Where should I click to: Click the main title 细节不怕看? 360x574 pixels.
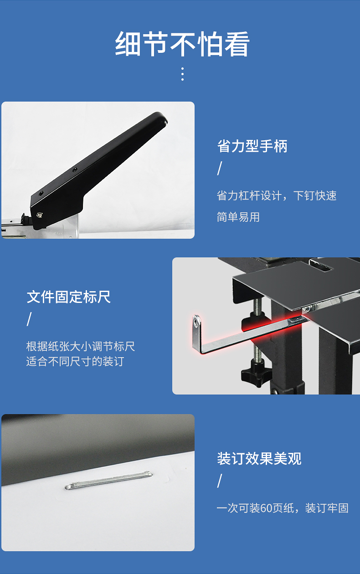point(182,44)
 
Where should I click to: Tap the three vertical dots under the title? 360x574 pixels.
point(182,74)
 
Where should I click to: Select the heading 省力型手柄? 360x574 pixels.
point(252,146)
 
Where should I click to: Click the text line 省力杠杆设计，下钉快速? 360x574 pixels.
point(277,195)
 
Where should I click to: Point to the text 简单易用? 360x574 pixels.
point(238,217)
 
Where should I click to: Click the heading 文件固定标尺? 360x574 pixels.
point(69,297)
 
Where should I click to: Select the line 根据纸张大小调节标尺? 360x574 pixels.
point(81,346)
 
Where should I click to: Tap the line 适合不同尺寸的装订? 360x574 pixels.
point(75,362)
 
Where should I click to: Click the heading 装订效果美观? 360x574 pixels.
point(259,458)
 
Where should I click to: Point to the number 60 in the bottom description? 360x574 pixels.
point(266,508)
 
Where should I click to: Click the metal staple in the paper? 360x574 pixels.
point(109,480)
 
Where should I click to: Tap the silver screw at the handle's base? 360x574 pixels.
point(40,215)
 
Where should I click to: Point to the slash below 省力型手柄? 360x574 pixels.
point(220,169)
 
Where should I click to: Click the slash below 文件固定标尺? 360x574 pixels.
point(29,319)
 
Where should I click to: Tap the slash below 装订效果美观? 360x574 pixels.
point(220,481)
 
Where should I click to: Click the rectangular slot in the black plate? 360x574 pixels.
point(321,266)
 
